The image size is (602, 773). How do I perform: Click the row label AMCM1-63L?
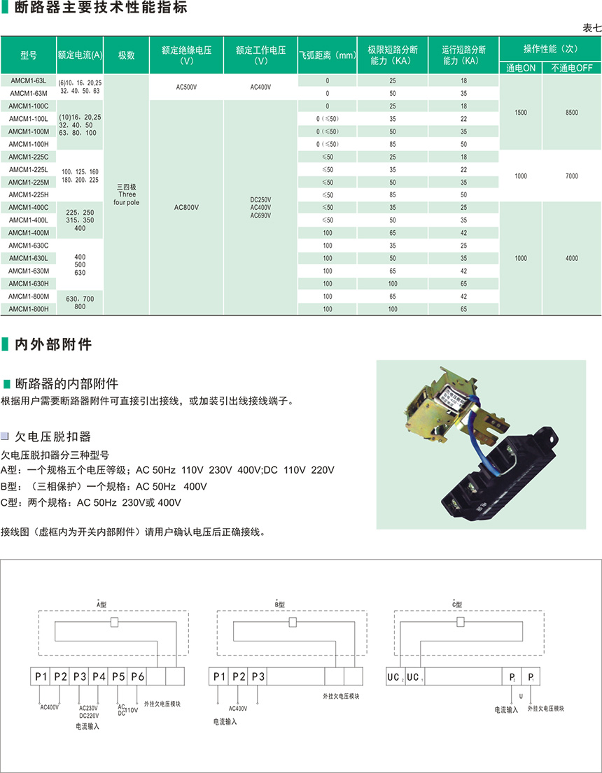pos(29,80)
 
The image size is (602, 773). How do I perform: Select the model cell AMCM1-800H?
pos(29,309)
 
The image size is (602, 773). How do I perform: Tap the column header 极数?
pos(126,55)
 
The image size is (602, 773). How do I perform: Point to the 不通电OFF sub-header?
pos(571,68)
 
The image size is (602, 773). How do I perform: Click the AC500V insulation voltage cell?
pos(186,87)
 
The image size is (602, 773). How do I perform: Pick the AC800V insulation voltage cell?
pos(186,207)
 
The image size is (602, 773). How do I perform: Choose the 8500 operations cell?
pos(571,112)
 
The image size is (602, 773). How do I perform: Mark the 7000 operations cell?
pos(571,176)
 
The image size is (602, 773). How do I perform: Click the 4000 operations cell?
pos(571,258)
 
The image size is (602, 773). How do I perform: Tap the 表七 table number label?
pos(591,28)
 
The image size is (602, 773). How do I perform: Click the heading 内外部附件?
pos(53,344)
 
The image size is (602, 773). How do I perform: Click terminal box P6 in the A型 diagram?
pos(137,676)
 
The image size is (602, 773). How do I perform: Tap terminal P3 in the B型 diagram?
pos(258,676)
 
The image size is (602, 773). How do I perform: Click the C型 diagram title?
pos(458,603)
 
